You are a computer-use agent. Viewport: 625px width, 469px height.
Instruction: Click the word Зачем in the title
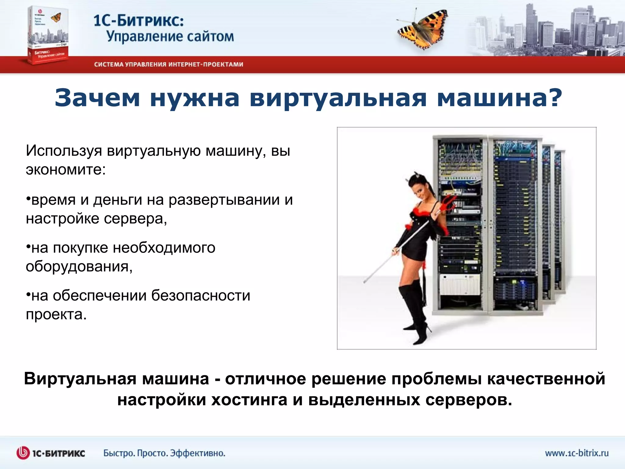tap(97, 98)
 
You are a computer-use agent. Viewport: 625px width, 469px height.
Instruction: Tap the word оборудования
tap(79, 267)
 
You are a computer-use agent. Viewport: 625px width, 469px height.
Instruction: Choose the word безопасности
tap(201, 296)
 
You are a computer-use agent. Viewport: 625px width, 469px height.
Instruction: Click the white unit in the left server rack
tap(460, 284)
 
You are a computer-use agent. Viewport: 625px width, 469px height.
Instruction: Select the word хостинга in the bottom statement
tap(249, 400)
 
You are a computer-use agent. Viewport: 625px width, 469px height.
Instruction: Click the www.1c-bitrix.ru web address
tap(576, 453)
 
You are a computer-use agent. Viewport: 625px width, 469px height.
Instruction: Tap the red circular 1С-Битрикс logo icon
tap(23, 453)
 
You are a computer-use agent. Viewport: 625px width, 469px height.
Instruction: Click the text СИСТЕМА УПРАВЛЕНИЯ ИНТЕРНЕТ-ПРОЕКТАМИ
tap(168, 64)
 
